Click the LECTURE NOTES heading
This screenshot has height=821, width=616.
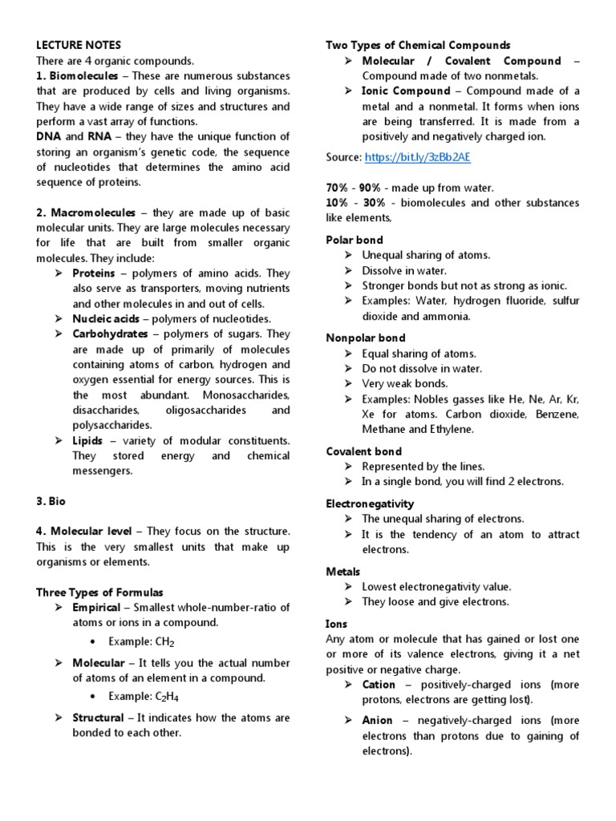[79, 45]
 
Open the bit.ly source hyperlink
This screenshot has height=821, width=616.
[403, 158]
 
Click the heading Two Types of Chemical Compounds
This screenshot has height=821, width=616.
[418, 45]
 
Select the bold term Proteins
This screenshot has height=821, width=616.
[95, 273]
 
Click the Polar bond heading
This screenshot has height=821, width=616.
[355, 240]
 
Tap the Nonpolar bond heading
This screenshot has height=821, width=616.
[366, 338]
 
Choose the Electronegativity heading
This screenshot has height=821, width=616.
[370, 504]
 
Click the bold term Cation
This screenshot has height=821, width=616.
[379, 685]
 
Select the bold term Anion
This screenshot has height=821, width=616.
[377, 721]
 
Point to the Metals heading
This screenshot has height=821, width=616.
[343, 572]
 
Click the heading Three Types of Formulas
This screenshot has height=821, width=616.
[99, 592]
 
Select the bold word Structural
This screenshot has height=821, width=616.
[98, 718]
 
